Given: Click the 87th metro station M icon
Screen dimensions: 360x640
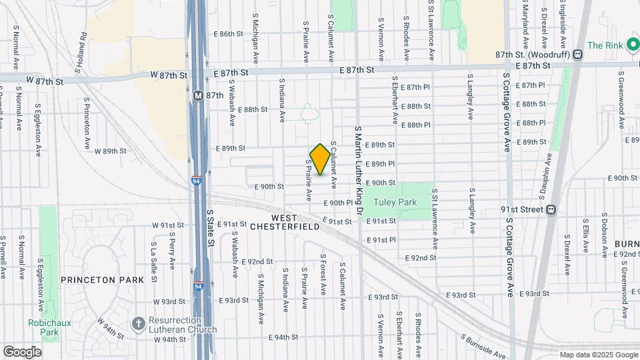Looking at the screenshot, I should pos(197,95).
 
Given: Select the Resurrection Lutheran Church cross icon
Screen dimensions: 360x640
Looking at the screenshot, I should pos(139,323).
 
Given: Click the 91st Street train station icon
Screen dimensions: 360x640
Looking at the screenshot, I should pos(551,209).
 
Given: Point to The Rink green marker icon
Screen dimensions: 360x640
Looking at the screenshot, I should pos(631,45).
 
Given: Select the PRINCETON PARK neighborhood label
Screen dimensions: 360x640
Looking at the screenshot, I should pos(102,280).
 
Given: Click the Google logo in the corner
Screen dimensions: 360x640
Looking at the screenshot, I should pos(22,351).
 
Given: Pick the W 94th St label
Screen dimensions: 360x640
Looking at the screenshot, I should pos(169,339).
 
